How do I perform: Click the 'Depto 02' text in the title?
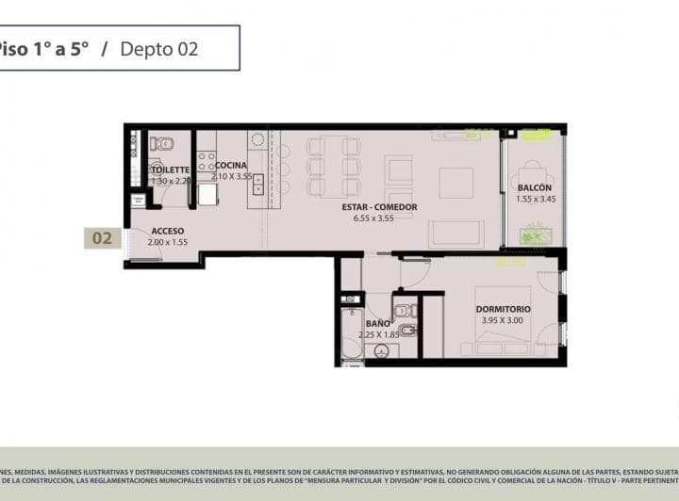tap(159, 49)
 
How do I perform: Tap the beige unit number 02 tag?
tap(102, 238)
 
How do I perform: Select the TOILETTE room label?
tap(171, 170)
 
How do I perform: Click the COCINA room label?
tap(231, 166)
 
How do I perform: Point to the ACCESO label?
tap(167, 231)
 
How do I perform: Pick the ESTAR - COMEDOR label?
tap(379, 207)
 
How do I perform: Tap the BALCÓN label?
tap(534, 187)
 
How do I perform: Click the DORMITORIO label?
tap(503, 309)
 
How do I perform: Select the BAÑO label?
tap(377, 323)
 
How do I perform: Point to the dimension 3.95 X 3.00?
tap(503, 320)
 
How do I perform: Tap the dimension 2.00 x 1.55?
tap(167, 242)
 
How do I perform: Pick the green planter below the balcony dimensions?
tap(535, 234)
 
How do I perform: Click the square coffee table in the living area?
tap(455, 183)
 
